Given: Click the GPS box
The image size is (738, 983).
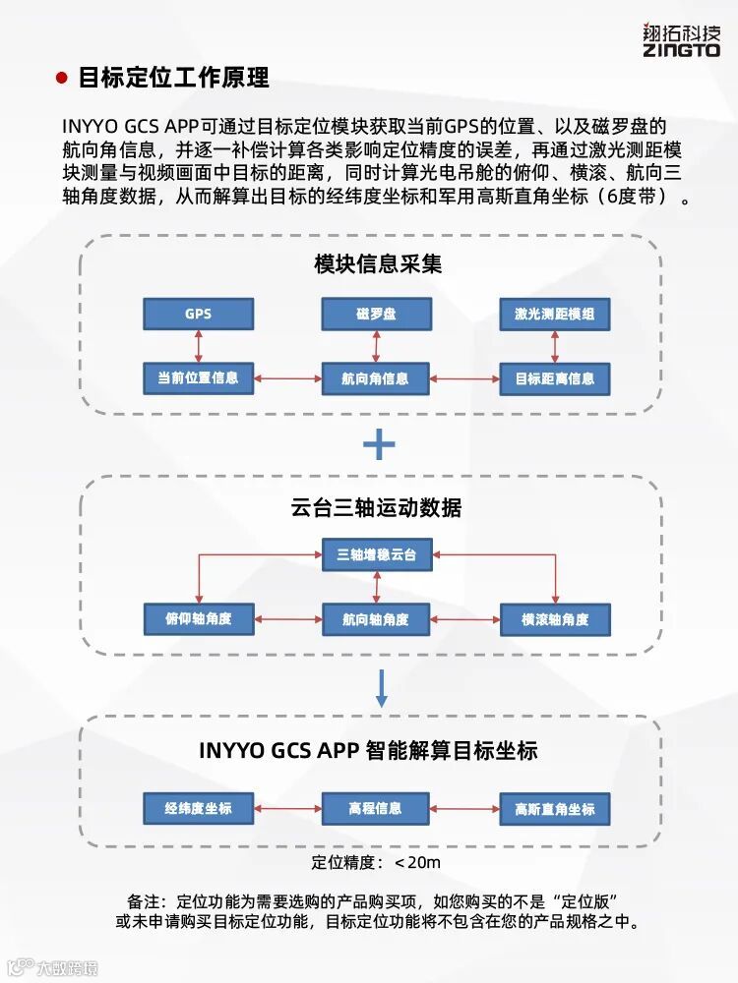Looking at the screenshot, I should click(198, 315).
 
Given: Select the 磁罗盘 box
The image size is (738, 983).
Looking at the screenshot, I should click(375, 315).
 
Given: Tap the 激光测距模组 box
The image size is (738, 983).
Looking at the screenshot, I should click(555, 315).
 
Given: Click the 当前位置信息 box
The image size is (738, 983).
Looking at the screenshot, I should click(198, 377).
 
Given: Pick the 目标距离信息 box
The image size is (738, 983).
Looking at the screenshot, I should click(555, 378).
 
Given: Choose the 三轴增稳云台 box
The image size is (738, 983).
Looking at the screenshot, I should click(377, 555).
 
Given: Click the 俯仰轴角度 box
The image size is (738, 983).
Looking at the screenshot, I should click(198, 619).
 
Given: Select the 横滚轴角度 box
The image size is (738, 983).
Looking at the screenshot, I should click(555, 619).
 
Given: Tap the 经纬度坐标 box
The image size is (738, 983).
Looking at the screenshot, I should click(198, 808).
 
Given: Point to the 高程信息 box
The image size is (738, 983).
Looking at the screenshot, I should click(375, 808).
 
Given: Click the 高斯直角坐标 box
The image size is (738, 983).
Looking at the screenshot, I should click(555, 809).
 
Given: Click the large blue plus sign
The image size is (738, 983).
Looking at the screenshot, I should click(379, 445).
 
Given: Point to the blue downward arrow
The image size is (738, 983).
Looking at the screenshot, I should click(382, 687).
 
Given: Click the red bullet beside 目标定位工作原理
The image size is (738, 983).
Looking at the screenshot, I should click(62, 79).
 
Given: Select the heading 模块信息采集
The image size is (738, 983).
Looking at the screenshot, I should click(379, 263).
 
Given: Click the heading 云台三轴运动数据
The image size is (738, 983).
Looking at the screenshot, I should click(377, 508).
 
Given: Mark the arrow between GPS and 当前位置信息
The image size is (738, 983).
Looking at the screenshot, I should click(199, 346).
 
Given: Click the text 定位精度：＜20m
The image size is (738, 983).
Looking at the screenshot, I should click(376, 863).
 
